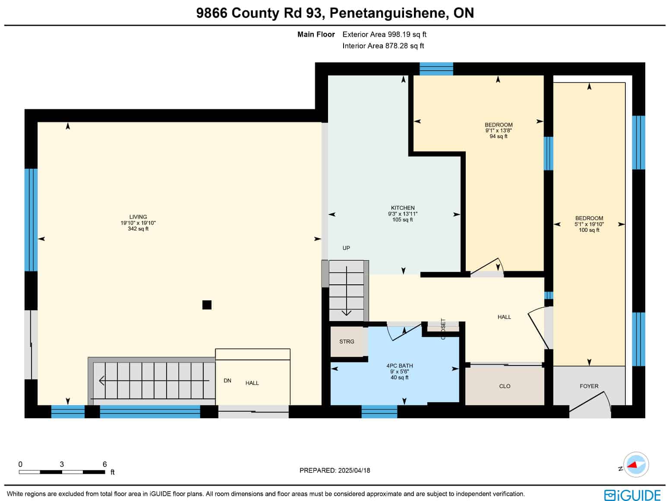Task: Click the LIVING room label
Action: (138, 217)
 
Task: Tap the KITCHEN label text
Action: (402, 208)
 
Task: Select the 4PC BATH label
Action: (399, 366)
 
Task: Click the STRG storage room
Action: (347, 341)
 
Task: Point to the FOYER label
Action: (589, 386)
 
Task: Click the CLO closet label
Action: (505, 386)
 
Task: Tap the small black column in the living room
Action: (207, 305)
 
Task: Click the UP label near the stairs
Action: (346, 248)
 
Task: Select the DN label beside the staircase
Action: (227, 381)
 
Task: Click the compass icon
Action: (636, 465)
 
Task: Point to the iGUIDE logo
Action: (632, 495)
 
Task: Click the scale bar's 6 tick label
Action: (104, 464)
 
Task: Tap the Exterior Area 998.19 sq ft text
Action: (384, 35)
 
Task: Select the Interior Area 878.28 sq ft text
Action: (383, 46)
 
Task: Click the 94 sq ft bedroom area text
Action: (498, 136)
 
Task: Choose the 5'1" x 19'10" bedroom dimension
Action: (589, 224)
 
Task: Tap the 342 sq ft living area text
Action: (138, 229)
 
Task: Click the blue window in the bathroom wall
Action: (379, 412)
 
